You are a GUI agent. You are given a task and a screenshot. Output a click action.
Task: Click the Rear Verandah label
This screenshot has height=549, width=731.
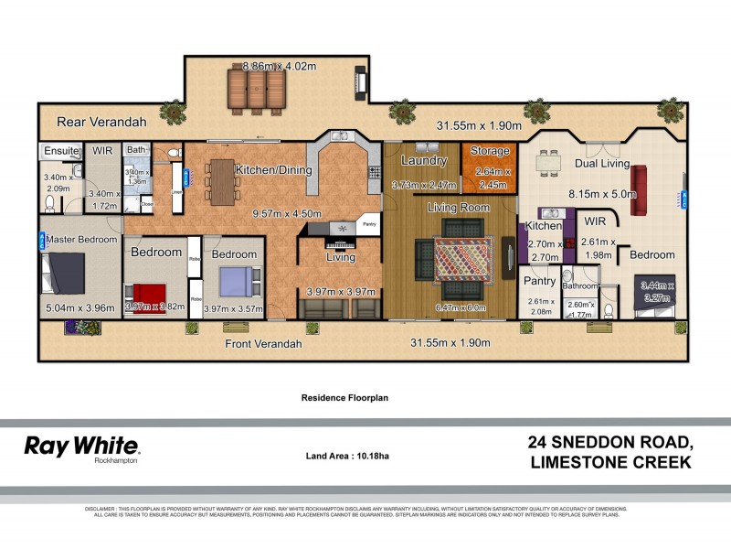pos(101,122)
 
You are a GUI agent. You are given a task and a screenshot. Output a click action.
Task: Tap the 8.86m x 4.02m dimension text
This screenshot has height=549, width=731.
pos(279,66)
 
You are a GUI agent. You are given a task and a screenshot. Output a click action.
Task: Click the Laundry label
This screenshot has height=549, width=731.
pos(423,161)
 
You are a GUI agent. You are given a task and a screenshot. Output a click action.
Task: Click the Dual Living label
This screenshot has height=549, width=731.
pos(601,164)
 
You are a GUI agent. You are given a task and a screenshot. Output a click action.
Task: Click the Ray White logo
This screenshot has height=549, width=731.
pos(81,447)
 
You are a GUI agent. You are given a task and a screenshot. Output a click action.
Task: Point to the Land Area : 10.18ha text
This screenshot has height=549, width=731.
pos(347,456)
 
